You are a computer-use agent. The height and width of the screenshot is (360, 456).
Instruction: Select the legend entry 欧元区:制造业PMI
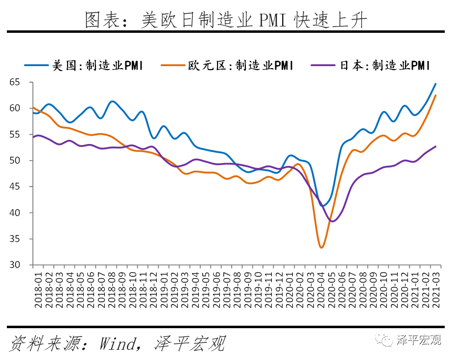coord(240,65)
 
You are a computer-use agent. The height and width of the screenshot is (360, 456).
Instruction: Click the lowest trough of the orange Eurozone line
coord(321,247)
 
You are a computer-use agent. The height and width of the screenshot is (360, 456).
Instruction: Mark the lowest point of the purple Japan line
coord(333,221)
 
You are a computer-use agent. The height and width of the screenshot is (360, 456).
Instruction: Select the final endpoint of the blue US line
coord(435,84)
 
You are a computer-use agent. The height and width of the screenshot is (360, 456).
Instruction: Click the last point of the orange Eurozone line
coord(435,96)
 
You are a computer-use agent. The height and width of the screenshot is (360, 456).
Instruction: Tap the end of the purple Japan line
coord(435,146)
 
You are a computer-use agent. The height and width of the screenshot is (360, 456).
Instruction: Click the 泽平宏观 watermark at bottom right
coord(419,339)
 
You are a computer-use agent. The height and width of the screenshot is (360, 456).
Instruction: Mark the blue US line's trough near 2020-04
coord(323,205)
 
